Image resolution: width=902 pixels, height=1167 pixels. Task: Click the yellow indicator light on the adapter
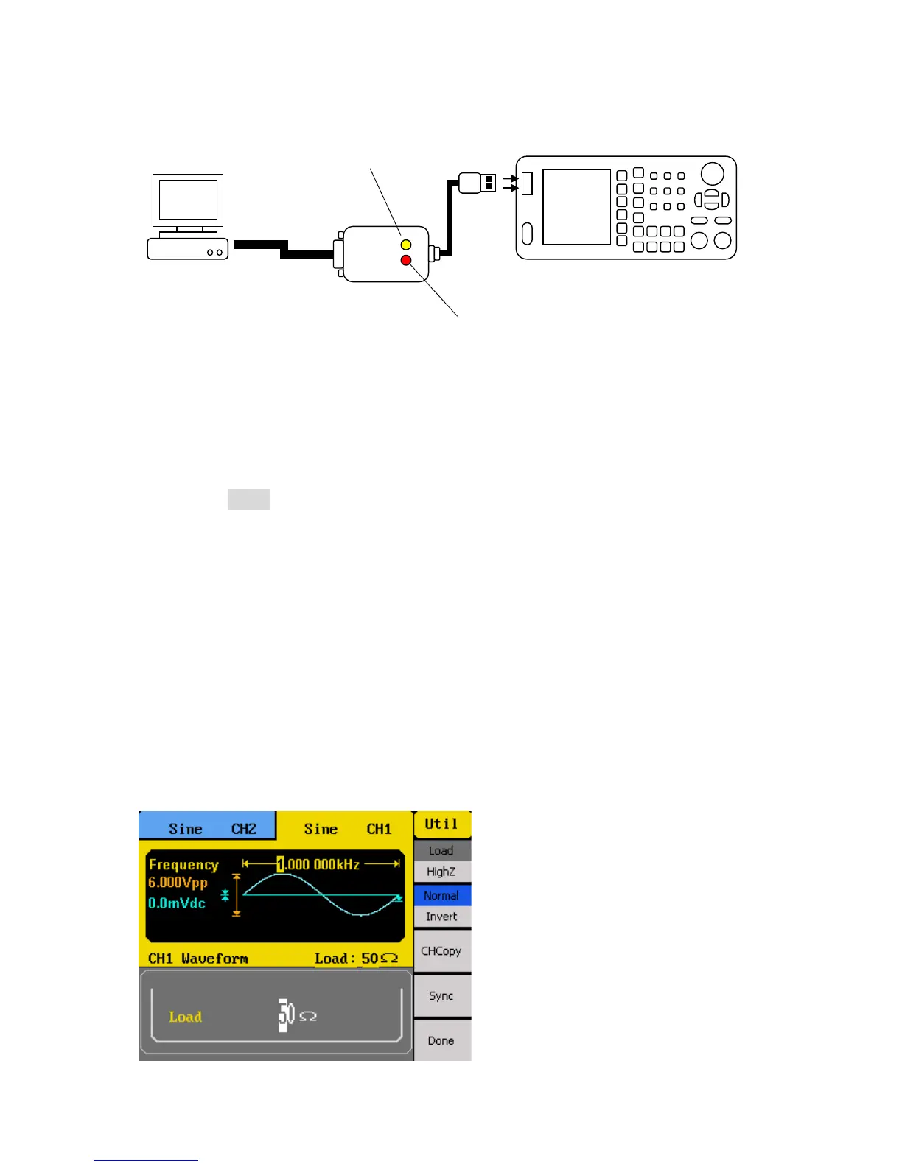405,244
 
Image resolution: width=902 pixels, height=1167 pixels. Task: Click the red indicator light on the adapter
405,260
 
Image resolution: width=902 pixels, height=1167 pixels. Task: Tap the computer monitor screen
188,199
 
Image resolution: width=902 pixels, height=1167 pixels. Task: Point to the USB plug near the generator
477,183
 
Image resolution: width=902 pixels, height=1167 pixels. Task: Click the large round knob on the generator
712,174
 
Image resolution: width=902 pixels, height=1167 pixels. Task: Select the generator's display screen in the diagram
576,207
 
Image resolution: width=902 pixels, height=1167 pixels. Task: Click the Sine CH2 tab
207,828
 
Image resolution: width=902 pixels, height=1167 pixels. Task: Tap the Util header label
441,824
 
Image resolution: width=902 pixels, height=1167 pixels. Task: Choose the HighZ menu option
441,872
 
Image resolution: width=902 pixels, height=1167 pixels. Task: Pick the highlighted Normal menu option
441,895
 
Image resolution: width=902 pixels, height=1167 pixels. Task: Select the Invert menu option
441,917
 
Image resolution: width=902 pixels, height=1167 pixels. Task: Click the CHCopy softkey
441,950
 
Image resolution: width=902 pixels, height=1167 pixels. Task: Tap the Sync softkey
441,995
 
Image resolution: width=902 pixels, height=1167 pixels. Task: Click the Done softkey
441,1040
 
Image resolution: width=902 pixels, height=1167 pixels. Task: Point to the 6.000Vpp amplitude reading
178,883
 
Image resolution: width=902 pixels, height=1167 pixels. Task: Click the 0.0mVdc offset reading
177,903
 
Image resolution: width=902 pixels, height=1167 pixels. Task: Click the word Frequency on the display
183,864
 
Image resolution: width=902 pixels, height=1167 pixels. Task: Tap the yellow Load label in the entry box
185,1017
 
